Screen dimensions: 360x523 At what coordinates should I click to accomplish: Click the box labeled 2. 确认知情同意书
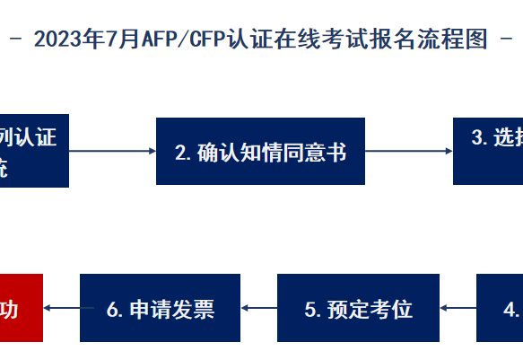260,152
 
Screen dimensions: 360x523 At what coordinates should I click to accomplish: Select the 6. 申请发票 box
161,309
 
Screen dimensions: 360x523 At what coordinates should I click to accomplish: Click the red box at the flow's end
21,309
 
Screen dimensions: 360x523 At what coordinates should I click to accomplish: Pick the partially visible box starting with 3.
487,152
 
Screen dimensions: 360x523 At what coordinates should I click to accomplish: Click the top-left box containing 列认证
33,152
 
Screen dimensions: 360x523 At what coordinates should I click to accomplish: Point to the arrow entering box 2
112,152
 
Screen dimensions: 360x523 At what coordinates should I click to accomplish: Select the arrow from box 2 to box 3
409,152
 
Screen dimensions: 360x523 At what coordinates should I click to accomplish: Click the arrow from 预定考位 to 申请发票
258,309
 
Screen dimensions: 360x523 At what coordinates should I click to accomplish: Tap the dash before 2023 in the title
18,40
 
